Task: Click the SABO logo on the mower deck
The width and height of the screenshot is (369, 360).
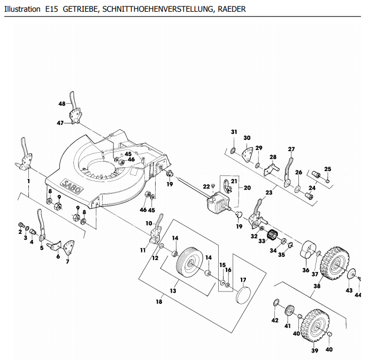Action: (x=71, y=186)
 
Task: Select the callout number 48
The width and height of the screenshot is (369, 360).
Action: (x=62, y=104)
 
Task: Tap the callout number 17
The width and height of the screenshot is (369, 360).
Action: (x=243, y=280)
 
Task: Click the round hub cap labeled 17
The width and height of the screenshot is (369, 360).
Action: (x=243, y=295)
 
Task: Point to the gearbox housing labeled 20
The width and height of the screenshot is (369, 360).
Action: (x=217, y=202)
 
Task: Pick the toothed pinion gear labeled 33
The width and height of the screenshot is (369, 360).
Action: (x=273, y=234)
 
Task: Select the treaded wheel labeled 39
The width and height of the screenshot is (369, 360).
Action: (x=315, y=326)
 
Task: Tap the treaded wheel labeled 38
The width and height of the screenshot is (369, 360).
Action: (x=334, y=263)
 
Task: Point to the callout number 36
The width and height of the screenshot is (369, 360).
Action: (x=306, y=270)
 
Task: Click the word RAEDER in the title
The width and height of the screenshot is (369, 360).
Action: (x=232, y=9)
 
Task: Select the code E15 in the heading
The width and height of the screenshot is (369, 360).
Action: (x=51, y=9)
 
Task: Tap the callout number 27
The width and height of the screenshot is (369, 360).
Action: (x=291, y=149)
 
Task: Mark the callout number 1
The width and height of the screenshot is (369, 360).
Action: (x=29, y=181)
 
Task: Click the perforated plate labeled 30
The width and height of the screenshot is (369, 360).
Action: (x=247, y=154)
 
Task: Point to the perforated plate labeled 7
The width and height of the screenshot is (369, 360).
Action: (x=69, y=248)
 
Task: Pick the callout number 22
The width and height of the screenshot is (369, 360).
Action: (x=206, y=186)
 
